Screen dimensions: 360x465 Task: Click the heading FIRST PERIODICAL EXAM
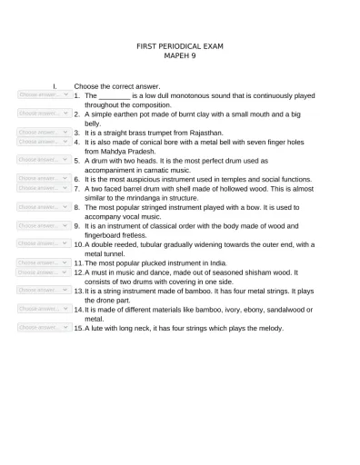[x=180, y=45]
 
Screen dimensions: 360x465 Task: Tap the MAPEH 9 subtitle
[x=180, y=55]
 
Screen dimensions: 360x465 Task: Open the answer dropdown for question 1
[x=44, y=94]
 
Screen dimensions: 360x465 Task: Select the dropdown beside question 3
[x=44, y=133]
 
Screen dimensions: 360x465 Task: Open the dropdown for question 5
[x=44, y=160]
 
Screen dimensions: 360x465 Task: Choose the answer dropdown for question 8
[x=44, y=206]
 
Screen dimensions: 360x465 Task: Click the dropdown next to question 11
[x=44, y=262]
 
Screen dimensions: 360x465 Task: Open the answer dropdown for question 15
[x=44, y=327]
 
